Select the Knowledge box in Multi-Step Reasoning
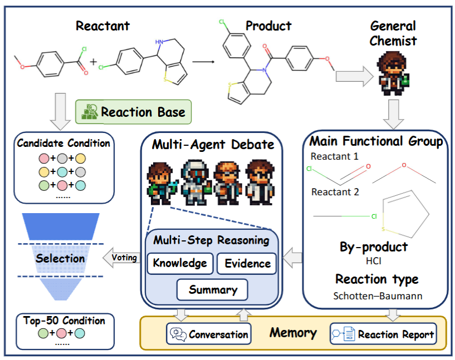[x=180, y=263]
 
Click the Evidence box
[x=247, y=264]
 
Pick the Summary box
[x=213, y=289]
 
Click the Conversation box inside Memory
[x=209, y=334]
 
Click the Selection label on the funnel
[x=60, y=259]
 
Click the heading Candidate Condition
[x=63, y=143]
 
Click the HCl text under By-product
[x=374, y=260]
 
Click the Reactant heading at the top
[x=102, y=26]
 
